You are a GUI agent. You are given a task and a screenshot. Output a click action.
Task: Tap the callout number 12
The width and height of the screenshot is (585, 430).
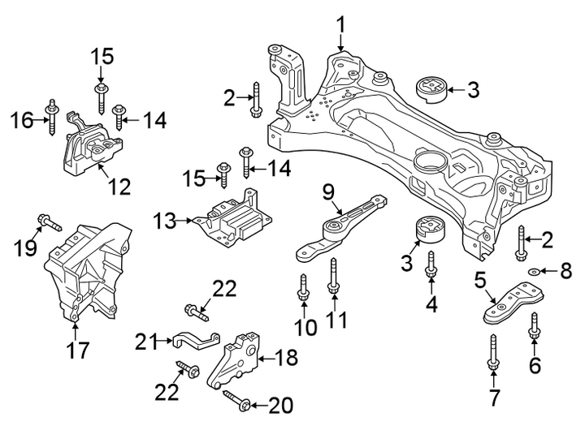(119, 187)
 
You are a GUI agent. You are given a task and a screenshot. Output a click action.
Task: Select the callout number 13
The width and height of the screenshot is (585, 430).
(164, 221)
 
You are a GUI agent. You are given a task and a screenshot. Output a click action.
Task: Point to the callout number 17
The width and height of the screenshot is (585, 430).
(78, 350)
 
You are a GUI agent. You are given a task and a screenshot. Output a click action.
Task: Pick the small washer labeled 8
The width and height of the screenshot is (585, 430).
(533, 270)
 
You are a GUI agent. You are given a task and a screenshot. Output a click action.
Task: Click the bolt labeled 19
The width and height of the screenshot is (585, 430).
(50, 222)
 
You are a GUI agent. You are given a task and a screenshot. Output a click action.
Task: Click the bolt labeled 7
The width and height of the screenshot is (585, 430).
(493, 352)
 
